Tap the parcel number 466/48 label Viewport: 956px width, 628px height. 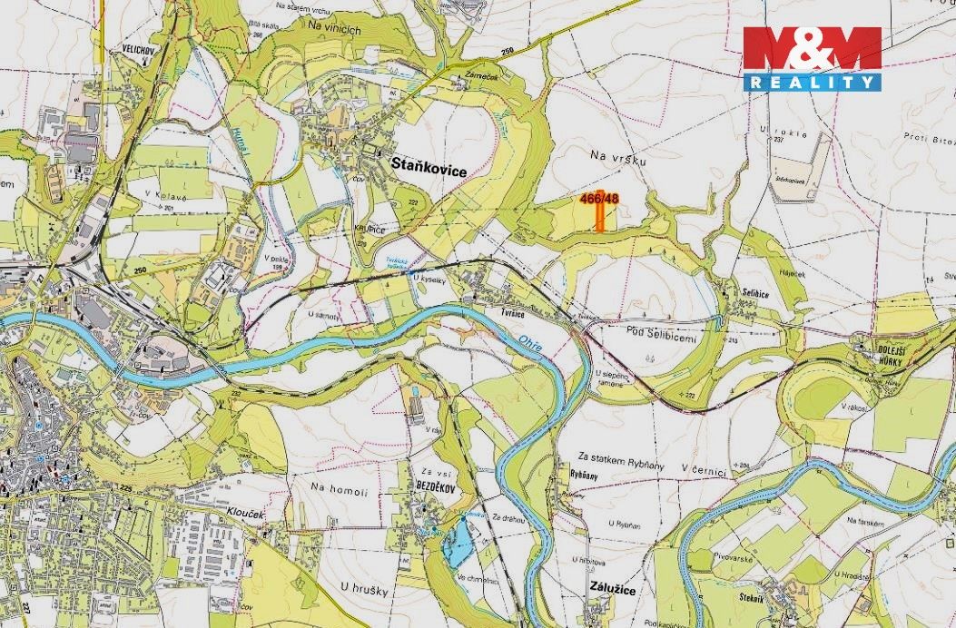(x=599, y=199)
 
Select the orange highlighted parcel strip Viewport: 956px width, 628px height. (x=601, y=217)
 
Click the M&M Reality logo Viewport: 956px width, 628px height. (x=812, y=58)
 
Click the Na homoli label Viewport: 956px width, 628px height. (x=339, y=491)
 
